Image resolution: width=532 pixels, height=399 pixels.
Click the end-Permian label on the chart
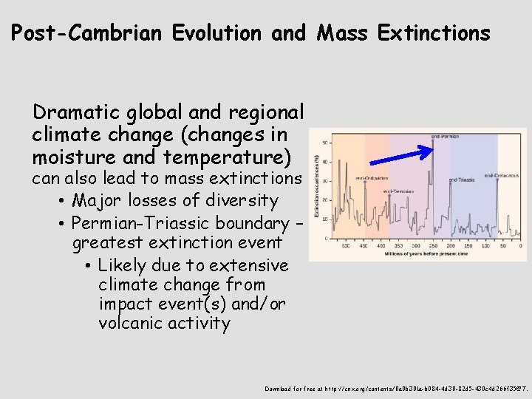tap(445, 136)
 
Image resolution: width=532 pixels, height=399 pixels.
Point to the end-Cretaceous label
tap(499, 176)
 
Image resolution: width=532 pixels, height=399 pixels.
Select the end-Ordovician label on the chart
tap(372, 178)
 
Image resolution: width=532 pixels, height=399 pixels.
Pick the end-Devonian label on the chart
tap(398, 191)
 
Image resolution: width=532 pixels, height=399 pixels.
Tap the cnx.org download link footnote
tap(396, 388)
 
